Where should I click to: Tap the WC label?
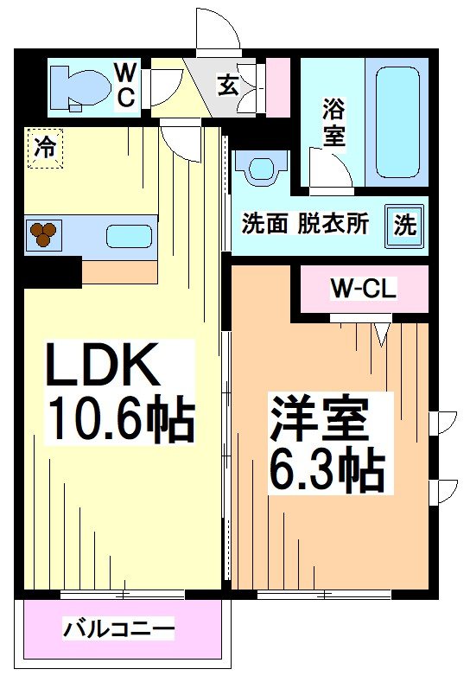[125, 84]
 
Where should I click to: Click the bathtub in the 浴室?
[397, 121]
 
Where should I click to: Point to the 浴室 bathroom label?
[333, 122]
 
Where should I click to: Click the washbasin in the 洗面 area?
[264, 166]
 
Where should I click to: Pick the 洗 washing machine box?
[405, 224]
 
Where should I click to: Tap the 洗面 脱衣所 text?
[305, 224]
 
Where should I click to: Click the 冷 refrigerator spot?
[44, 147]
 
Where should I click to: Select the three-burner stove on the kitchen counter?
[43, 233]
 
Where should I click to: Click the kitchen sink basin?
[129, 235]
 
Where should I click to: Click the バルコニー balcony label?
[118, 628]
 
